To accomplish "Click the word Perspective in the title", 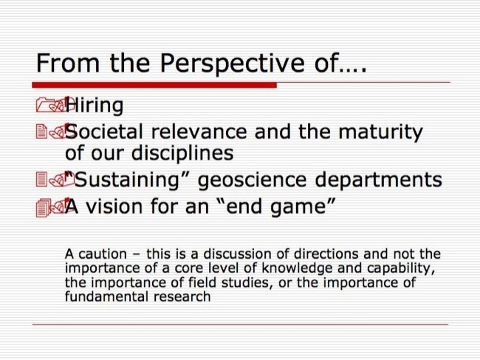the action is point(232,64).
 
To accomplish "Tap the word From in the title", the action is point(68,63).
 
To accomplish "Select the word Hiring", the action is point(95,106).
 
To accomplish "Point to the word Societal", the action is point(104,132).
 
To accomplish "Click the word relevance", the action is point(199,132).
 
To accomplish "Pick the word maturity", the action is point(380,132).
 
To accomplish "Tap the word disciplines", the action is point(182,153).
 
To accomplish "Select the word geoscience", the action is point(253,180).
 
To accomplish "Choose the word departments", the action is point(379,180).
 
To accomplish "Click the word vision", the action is point(114,206).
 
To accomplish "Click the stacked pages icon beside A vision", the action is point(44,208).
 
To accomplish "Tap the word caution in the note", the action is point(103,254).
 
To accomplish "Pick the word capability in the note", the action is point(400,269).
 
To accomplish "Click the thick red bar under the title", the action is point(154,85).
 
